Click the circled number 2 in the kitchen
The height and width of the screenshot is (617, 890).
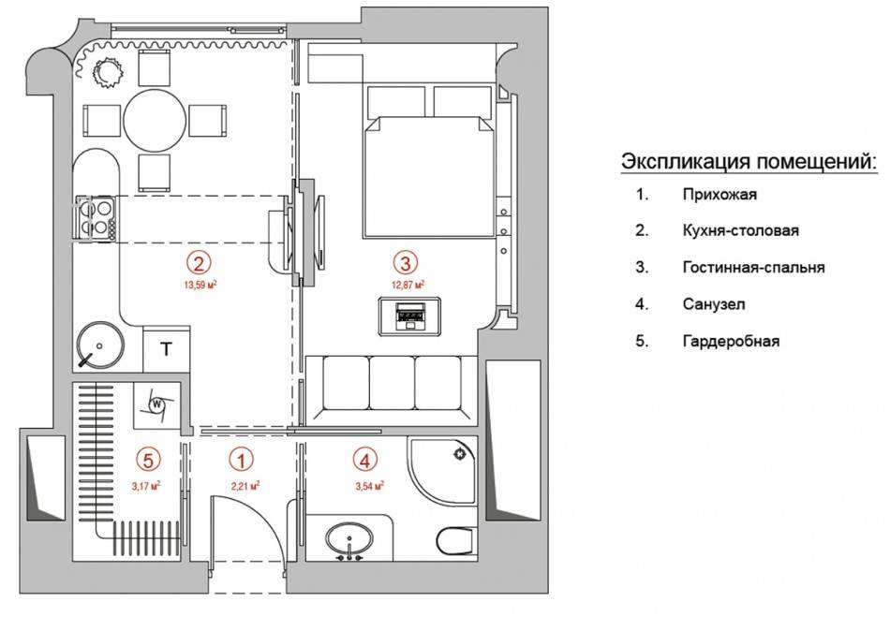click(x=200, y=262)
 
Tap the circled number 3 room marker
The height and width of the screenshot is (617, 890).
click(x=406, y=262)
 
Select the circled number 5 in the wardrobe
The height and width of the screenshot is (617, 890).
click(x=148, y=460)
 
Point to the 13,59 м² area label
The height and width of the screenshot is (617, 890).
click(x=200, y=285)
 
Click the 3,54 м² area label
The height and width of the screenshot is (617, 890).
click(x=370, y=486)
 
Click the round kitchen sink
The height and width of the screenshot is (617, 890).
click(x=100, y=345)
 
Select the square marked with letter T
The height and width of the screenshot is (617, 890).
click(x=167, y=349)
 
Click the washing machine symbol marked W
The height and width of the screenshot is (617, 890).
click(x=156, y=404)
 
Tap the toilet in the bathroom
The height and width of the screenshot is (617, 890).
click(x=456, y=540)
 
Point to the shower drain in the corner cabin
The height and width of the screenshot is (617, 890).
click(x=459, y=454)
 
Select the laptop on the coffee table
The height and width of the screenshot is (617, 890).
click(x=410, y=316)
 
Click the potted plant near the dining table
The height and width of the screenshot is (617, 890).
click(x=108, y=73)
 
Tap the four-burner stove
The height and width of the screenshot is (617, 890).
click(x=96, y=219)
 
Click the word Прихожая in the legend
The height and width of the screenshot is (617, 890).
click(x=719, y=195)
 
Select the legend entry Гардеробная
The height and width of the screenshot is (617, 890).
click(x=731, y=342)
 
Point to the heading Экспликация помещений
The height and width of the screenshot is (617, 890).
click(x=749, y=161)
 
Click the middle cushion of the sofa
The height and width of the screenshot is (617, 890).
click(x=393, y=383)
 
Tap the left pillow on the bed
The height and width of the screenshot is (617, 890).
click(x=396, y=101)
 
